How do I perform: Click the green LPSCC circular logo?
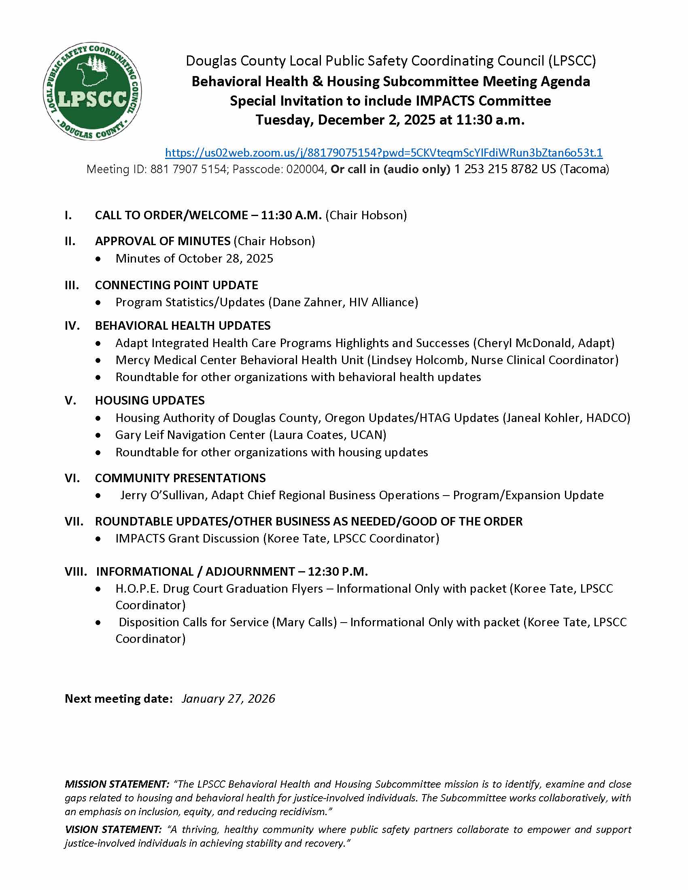[x=92, y=91]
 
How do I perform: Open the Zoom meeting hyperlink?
[x=384, y=153]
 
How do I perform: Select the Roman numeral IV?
[x=72, y=326]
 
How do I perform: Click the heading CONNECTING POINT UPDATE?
[x=176, y=285]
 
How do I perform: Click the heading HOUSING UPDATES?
[x=150, y=400]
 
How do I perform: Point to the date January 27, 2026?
[x=228, y=699]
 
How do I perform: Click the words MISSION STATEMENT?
[x=117, y=784]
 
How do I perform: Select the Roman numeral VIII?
[x=76, y=572]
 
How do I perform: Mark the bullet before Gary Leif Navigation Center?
[x=98, y=436]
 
